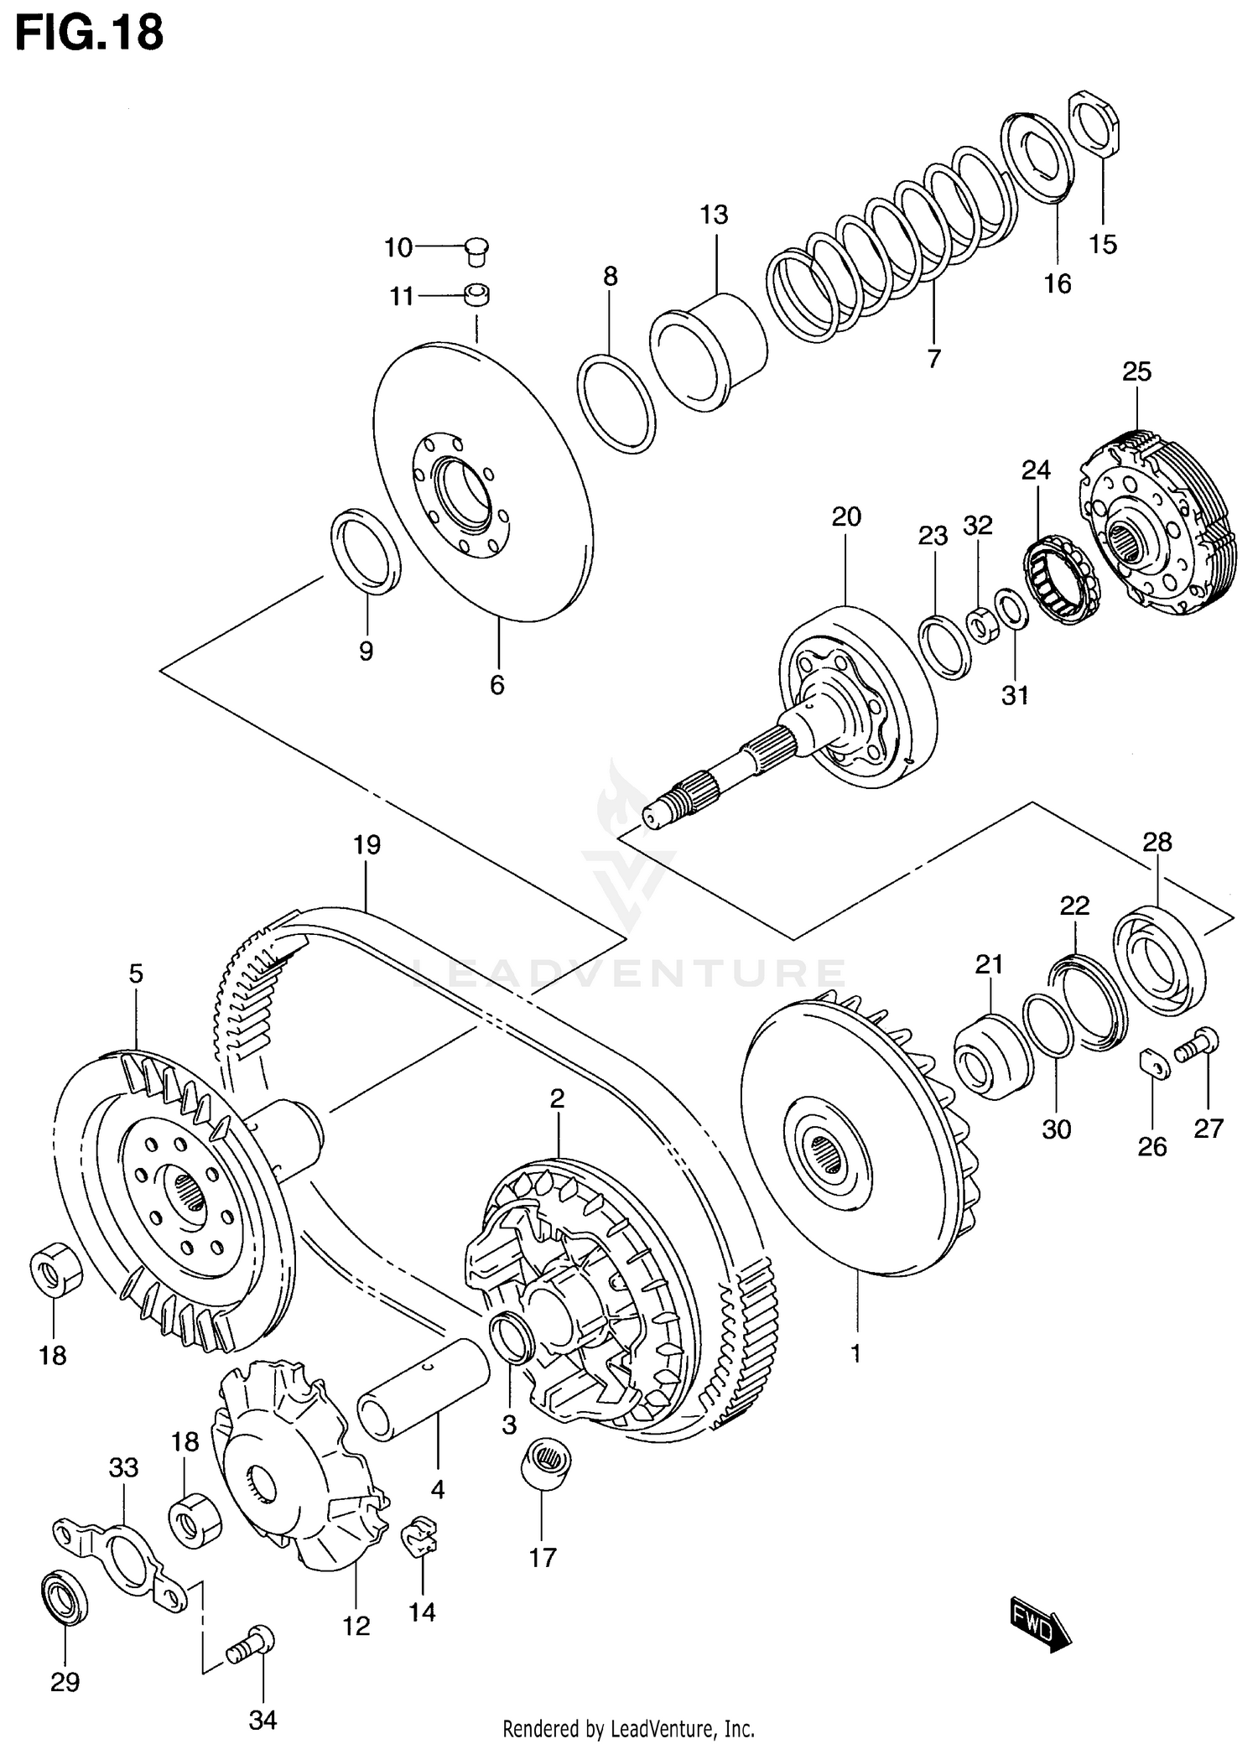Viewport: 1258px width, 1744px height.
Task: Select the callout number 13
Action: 714,215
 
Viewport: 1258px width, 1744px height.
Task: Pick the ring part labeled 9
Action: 366,551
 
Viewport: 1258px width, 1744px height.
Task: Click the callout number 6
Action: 497,686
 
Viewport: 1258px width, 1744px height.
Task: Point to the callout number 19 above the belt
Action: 366,844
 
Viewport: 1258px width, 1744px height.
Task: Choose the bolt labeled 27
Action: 1197,1045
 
